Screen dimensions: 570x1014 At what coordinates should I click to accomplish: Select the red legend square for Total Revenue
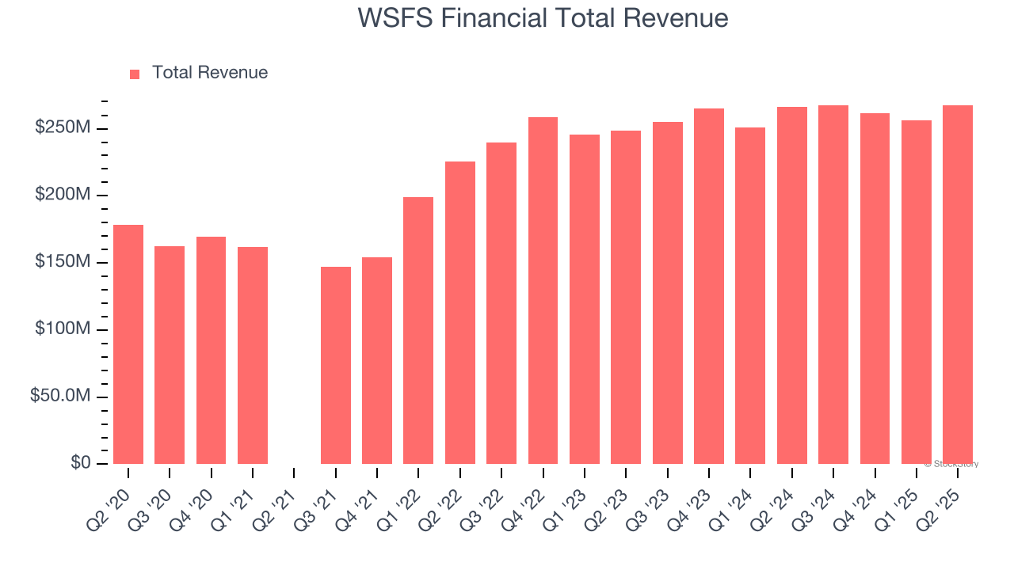(135, 74)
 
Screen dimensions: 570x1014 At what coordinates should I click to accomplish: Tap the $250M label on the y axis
(63, 128)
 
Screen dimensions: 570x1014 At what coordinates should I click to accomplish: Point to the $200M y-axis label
(63, 196)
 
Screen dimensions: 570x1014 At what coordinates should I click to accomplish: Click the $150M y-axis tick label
(63, 262)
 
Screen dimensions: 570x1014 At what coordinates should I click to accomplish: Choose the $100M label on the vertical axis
(63, 329)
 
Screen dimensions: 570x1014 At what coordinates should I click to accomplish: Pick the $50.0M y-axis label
(59, 396)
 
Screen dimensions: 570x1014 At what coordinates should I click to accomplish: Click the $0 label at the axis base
(80, 462)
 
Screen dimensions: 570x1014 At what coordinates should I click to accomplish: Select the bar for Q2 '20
(128, 344)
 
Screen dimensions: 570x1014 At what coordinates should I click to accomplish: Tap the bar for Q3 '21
(336, 365)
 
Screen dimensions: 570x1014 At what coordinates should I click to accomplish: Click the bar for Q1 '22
(418, 330)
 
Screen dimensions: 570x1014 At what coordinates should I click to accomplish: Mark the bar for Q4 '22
(543, 291)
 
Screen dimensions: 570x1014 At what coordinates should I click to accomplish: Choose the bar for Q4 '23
(709, 286)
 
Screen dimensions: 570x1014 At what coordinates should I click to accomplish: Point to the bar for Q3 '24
(833, 284)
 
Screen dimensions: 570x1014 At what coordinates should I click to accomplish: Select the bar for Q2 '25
(958, 284)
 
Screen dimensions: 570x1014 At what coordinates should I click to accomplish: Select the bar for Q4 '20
(211, 350)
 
